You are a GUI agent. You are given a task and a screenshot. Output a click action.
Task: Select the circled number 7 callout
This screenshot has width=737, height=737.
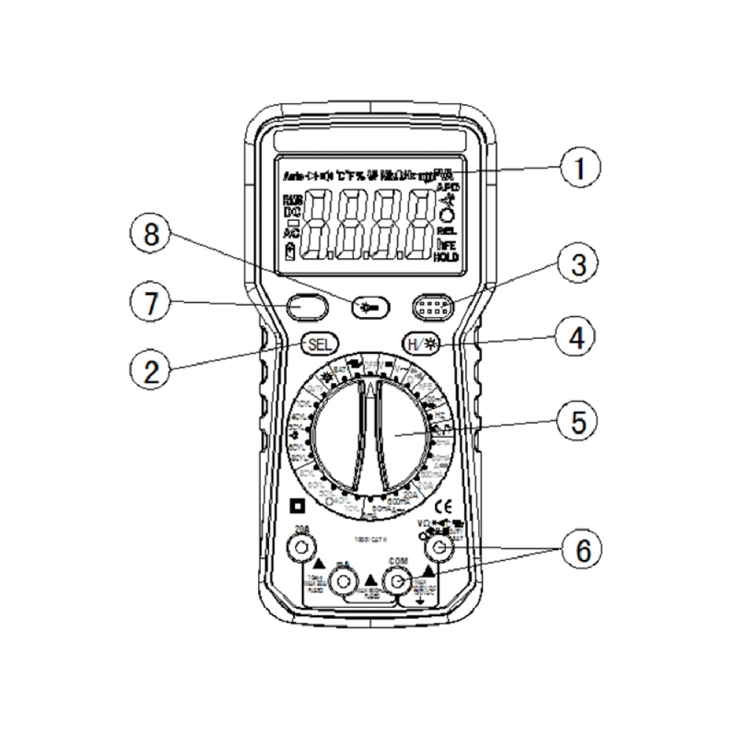(150, 304)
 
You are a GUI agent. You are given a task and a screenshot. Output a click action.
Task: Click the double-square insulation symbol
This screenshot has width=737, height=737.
(297, 506)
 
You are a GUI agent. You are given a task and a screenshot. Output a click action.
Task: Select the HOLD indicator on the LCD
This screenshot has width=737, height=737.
(445, 256)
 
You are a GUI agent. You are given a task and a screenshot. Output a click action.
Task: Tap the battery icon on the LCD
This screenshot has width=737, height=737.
(290, 253)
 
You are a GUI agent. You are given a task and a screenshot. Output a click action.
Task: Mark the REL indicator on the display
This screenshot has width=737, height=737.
(446, 231)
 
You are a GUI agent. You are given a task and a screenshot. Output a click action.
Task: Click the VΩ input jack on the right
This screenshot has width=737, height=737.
(440, 547)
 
